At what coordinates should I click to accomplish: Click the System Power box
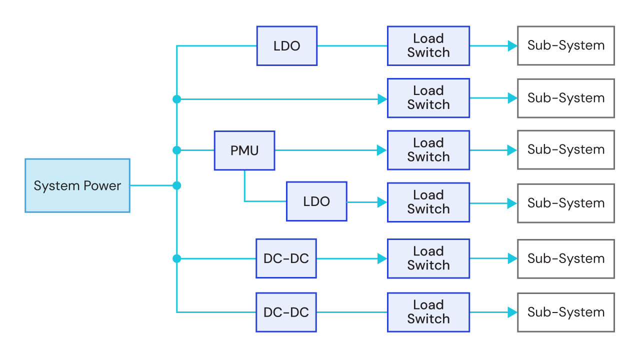(x=77, y=185)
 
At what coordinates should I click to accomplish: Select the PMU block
(x=244, y=150)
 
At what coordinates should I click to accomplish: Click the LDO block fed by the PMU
(x=316, y=201)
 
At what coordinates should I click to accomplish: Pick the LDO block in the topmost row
(x=287, y=46)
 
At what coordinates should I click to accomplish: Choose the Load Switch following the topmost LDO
(x=428, y=46)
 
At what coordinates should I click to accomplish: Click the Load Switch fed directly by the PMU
(x=428, y=150)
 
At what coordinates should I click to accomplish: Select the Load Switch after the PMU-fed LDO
(x=428, y=202)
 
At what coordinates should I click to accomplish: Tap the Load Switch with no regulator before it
(x=428, y=98)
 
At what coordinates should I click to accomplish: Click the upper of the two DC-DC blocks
(x=286, y=258)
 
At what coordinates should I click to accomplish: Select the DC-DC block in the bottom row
(x=286, y=312)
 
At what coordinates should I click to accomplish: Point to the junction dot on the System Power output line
(x=176, y=185)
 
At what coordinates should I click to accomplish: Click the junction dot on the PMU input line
(x=176, y=150)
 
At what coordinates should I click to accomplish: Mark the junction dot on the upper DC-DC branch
(x=176, y=258)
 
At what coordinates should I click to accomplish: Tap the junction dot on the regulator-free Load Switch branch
(x=176, y=99)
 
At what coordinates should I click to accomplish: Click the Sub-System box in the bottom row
(x=566, y=312)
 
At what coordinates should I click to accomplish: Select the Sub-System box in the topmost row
(x=566, y=46)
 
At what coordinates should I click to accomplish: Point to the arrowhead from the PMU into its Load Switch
(x=382, y=150)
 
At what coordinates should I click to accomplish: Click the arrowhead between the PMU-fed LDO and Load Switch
(x=382, y=202)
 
